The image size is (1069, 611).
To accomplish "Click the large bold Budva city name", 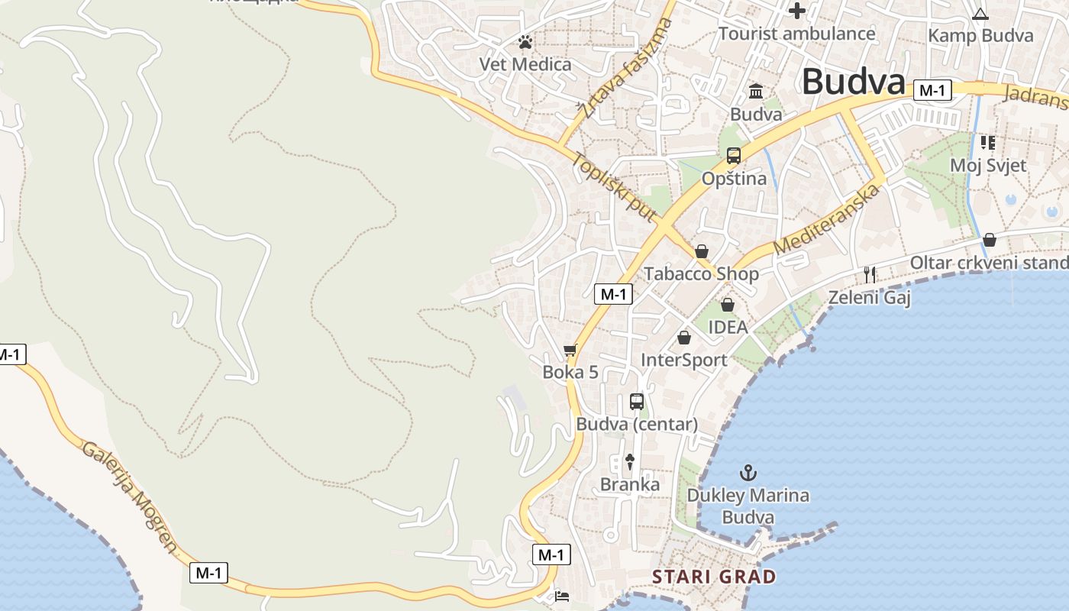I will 854,81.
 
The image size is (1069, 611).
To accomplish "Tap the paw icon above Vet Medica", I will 525,42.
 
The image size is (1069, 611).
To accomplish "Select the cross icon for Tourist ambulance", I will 797,11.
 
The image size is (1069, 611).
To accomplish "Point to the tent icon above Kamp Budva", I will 980,14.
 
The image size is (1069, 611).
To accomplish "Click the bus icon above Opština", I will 733,156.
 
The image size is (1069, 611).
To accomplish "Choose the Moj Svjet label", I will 987,165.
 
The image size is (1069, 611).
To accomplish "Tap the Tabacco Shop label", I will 701,273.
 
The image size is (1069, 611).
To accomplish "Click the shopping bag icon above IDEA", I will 727,305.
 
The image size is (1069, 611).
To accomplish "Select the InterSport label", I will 683,360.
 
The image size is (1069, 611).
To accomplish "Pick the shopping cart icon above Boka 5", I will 570,351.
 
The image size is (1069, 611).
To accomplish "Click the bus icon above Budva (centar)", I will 636,402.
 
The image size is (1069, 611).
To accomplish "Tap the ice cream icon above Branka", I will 629,461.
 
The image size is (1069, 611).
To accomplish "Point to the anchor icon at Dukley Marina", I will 748,472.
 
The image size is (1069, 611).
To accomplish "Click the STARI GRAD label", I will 714,577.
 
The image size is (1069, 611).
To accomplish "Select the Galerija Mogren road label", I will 131,497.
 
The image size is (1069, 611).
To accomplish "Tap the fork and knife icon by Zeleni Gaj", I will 869,275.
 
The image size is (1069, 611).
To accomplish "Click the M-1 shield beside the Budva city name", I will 932,90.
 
